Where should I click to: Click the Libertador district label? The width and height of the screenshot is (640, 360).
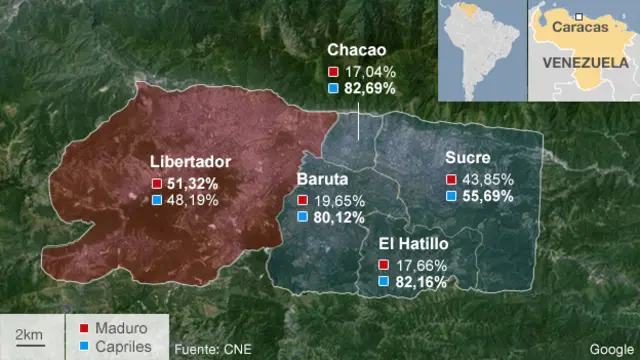pos(190,161)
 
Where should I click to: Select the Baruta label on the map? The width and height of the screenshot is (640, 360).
pos(322,180)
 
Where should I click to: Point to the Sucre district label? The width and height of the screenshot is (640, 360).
pos(468,158)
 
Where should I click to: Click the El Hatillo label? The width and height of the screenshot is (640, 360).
pos(413,243)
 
